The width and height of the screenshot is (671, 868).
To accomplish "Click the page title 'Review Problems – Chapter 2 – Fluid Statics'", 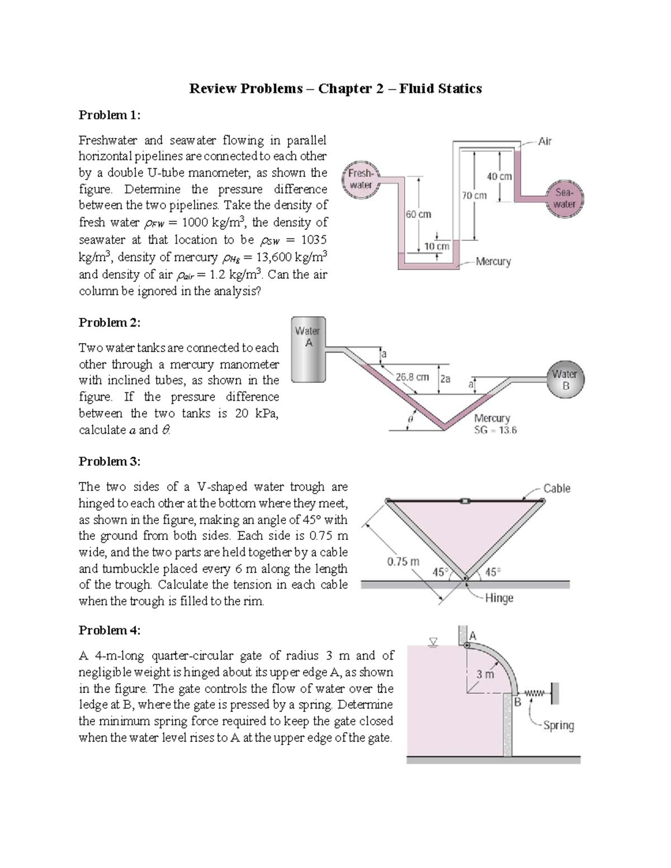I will [335, 88].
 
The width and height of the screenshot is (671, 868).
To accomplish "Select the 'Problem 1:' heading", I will [110, 115].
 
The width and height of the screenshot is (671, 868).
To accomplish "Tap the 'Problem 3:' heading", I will [110, 461].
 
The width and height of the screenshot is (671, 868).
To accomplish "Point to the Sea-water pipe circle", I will [564, 198].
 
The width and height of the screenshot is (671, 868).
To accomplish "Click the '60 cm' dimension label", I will [418, 214].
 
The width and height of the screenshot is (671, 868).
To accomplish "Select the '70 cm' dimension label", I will [474, 195].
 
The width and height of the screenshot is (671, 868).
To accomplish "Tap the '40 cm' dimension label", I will [499, 176].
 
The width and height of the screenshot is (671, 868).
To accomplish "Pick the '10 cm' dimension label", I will [437, 246].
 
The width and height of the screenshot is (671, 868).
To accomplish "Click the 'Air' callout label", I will [545, 141].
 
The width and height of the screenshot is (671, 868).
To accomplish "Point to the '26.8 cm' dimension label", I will [412, 377].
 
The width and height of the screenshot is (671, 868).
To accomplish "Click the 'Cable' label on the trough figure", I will [557, 488].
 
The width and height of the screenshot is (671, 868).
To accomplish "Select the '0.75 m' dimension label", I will [403, 561].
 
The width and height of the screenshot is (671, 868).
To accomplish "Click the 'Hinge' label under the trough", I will [499, 598].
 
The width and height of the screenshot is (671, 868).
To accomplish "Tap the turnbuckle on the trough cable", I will [464, 501].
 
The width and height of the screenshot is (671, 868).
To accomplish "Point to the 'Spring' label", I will [559, 725].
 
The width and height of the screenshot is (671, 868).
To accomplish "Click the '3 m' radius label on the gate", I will [485, 674].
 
